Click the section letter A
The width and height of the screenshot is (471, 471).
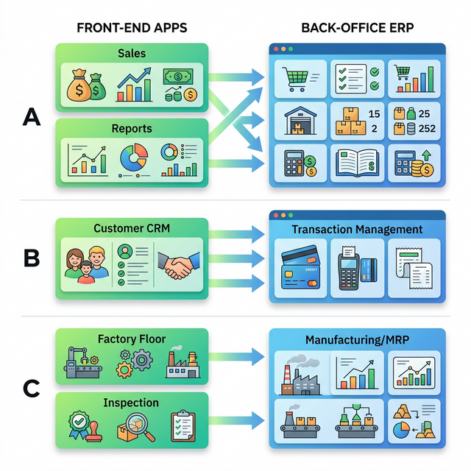[x=31, y=116]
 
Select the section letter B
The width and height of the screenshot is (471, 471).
[x=31, y=258]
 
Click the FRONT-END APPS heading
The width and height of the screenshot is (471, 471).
[x=132, y=29]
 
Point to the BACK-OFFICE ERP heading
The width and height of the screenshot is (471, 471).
[x=357, y=29]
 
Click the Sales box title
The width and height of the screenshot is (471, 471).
[x=132, y=54]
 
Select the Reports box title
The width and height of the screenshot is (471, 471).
[x=132, y=129]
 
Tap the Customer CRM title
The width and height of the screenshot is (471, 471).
[x=132, y=228]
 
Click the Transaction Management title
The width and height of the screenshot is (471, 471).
[x=357, y=230]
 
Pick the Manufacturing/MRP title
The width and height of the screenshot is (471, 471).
[x=357, y=341]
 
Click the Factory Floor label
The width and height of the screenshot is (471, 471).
[x=132, y=339]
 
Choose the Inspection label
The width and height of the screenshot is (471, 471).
[x=132, y=403]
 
